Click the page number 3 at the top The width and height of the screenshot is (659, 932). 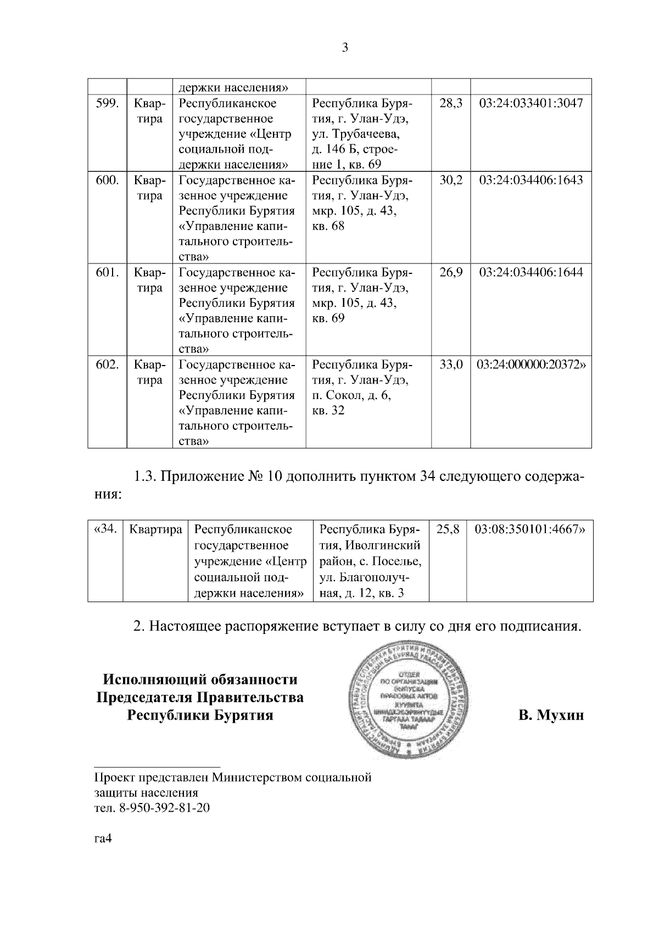345,48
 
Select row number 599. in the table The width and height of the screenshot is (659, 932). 107,104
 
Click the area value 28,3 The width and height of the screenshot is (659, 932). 451,104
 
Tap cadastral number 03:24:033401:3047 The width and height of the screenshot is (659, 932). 530,104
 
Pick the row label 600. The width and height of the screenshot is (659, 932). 107,181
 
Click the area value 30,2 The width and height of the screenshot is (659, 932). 451,181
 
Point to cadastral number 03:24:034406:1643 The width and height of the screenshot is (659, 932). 530,181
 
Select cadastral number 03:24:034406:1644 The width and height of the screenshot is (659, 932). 530,273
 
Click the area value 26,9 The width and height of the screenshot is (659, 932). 451,273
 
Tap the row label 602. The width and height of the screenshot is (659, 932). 107,365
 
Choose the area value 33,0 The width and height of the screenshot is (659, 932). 451,365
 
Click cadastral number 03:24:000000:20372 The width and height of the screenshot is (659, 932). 530,365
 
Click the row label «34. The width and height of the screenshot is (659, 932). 105,530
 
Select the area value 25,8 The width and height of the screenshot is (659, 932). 447,530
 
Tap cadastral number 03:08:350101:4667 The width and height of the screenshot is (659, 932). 529,530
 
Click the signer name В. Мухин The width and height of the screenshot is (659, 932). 551,716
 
